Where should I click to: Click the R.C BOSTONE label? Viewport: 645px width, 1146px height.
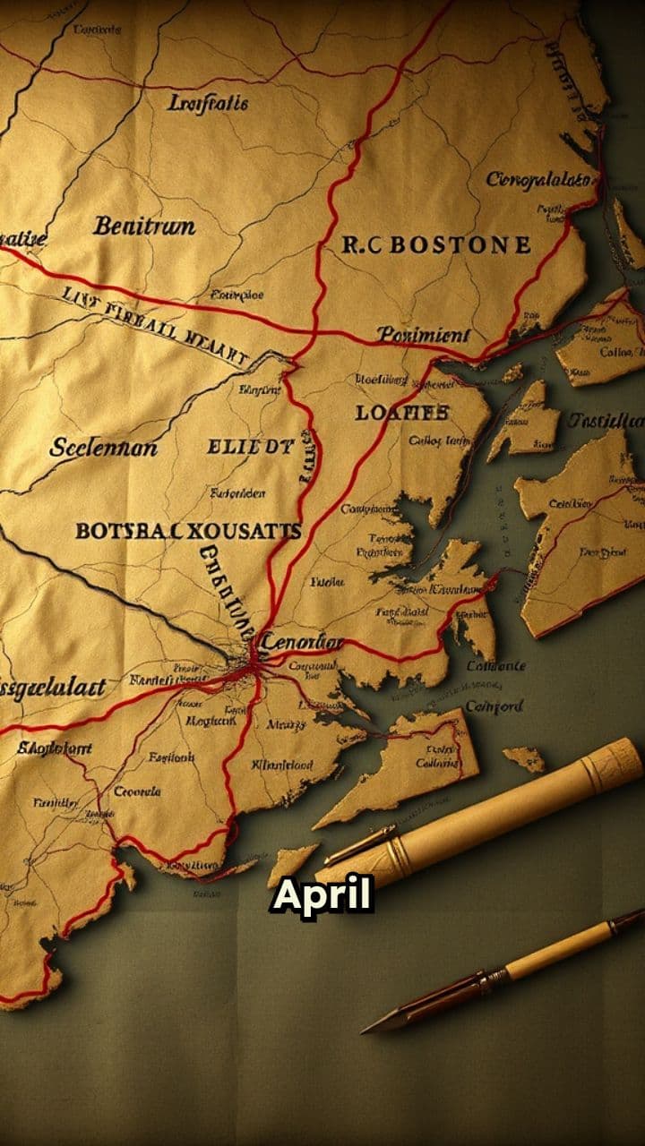436,244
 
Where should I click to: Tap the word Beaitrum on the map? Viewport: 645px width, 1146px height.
143,226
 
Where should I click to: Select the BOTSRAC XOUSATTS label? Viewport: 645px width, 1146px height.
187,530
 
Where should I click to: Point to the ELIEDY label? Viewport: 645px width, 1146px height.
250,446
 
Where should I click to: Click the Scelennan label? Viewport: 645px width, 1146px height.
103,447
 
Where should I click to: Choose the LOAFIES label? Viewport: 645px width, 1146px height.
401,413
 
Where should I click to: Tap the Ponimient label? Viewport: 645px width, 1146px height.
422,335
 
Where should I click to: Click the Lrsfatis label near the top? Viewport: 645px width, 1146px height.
208,104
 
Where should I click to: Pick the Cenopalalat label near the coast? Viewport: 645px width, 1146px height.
539,180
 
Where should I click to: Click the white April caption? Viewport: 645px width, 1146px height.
322,896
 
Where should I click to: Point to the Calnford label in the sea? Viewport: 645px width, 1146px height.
494,706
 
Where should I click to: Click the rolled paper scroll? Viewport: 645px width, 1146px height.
502,812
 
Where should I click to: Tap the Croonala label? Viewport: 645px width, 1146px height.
137,791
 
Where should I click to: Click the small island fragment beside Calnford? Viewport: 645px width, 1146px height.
524,759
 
